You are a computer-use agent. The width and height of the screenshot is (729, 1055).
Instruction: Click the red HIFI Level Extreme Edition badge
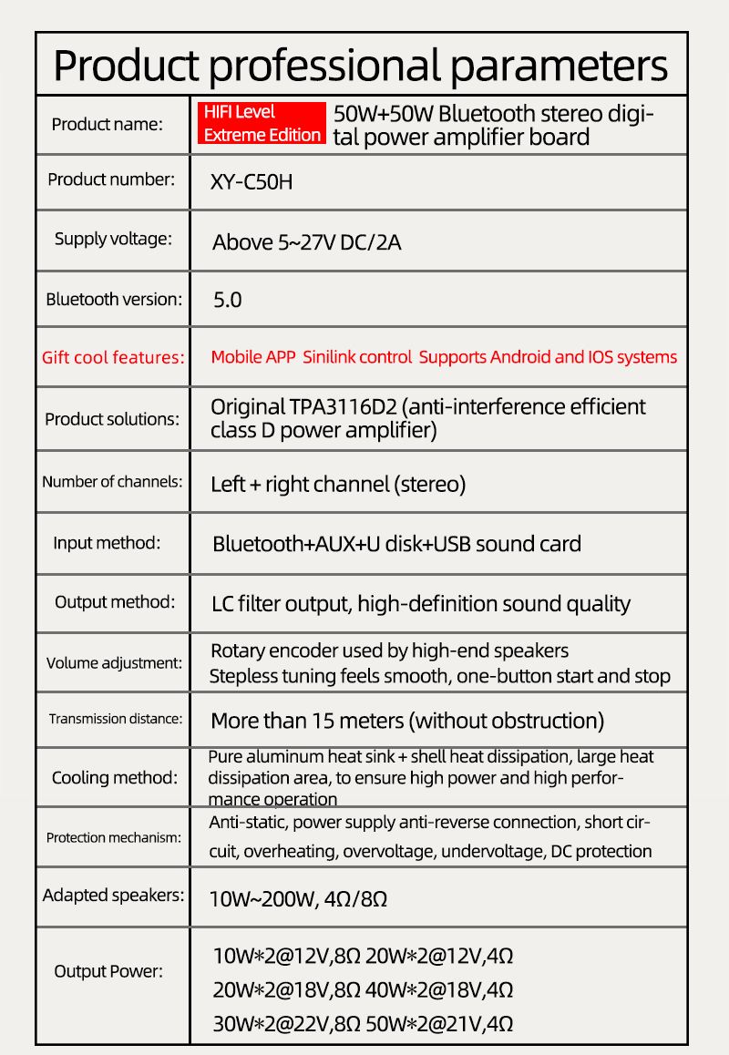[262, 124]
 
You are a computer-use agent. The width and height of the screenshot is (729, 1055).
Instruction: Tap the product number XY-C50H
[252, 182]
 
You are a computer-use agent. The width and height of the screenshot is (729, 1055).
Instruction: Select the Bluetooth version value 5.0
[227, 300]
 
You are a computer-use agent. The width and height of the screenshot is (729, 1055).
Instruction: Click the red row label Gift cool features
[113, 357]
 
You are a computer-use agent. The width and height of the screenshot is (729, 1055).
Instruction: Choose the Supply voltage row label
[112, 240]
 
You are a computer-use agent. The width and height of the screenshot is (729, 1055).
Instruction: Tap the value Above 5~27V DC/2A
[306, 242]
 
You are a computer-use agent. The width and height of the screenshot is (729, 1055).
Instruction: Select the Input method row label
[107, 543]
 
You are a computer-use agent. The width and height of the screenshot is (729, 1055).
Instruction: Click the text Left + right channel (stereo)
[338, 484]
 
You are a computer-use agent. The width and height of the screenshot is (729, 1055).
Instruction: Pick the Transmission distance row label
[116, 719]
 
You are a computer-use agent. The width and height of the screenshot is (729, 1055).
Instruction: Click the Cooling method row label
[114, 778]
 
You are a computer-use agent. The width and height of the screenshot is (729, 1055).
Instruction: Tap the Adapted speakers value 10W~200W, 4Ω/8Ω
[299, 899]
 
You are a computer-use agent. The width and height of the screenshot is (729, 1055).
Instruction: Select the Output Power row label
[108, 971]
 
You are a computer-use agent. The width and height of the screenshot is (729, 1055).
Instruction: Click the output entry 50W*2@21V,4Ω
[439, 1023]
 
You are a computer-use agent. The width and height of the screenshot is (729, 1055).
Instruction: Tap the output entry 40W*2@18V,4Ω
[439, 989]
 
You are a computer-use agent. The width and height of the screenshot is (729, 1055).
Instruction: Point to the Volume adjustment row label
[114, 662]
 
